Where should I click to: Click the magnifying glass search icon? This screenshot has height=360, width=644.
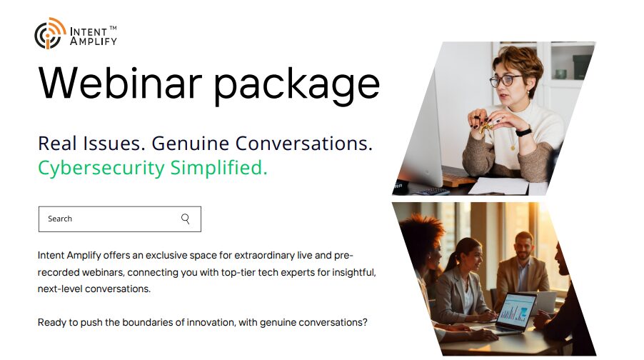[186, 219]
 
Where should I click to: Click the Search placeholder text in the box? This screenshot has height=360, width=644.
[60, 219]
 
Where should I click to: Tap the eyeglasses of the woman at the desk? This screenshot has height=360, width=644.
[505, 81]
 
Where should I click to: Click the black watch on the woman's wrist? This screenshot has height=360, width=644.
[523, 131]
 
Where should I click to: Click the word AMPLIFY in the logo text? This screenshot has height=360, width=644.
[94, 41]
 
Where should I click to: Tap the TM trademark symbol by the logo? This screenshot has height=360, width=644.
[113, 28]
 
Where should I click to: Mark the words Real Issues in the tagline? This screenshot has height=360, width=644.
[89, 143]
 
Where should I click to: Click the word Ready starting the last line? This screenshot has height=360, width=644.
[52, 322]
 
